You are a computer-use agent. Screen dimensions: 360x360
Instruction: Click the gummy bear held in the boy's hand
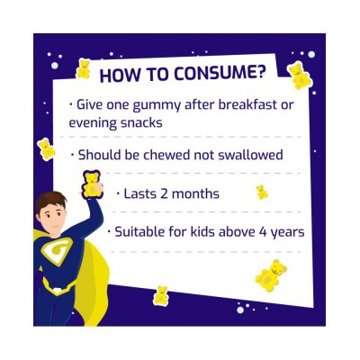[93, 184]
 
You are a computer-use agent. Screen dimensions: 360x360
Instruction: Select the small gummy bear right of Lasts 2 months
[262, 192]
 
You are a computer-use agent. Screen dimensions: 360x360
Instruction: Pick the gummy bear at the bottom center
[162, 294]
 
